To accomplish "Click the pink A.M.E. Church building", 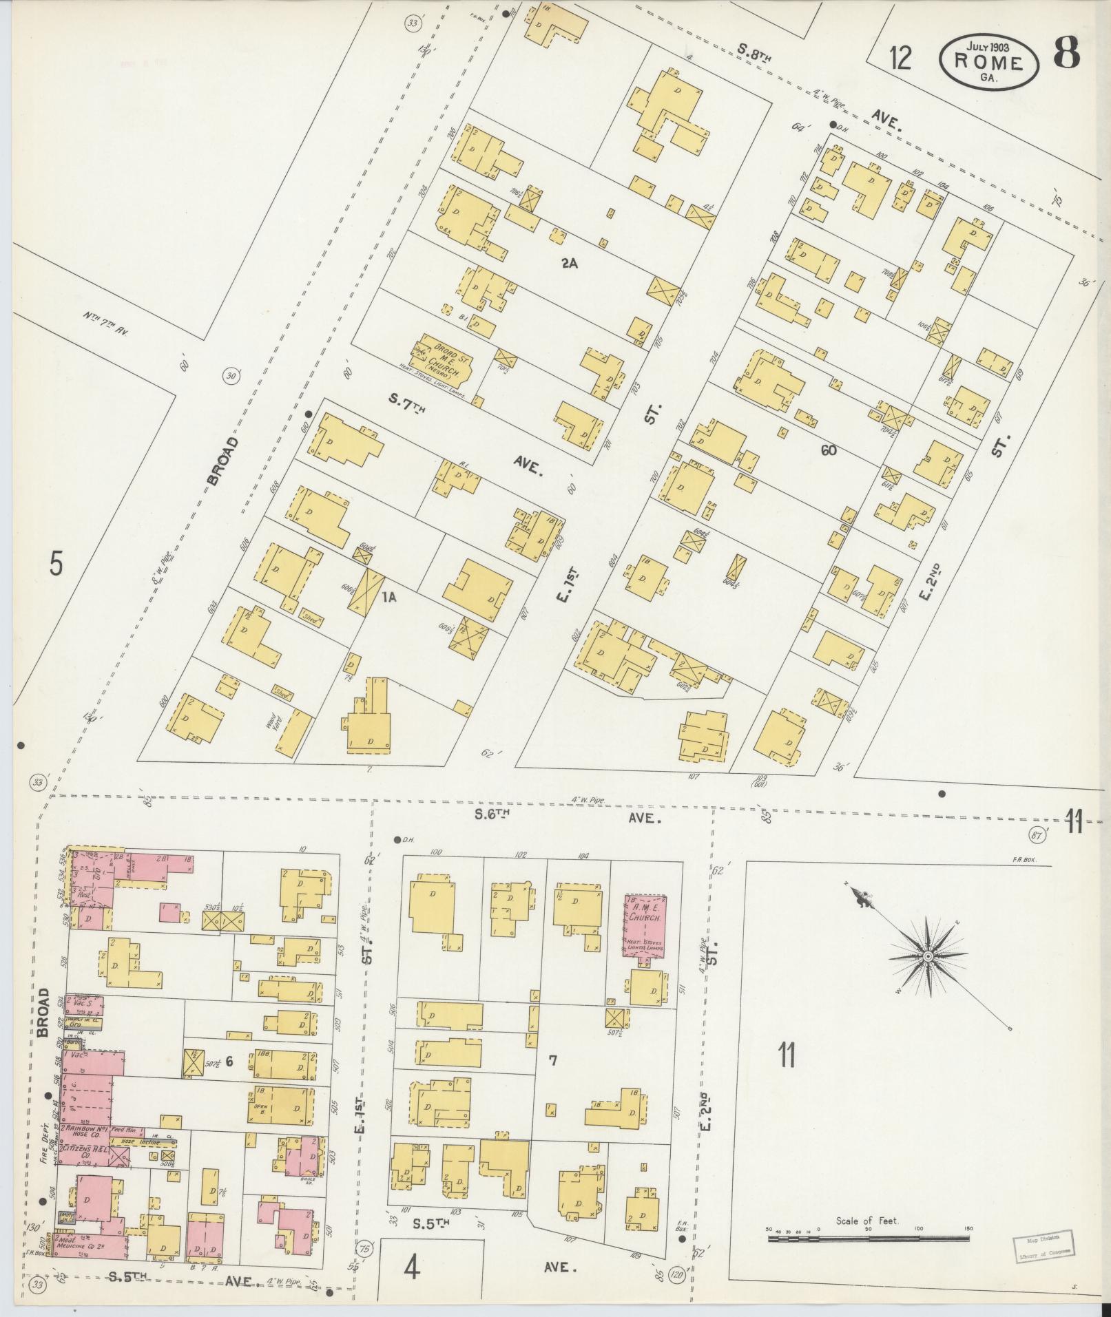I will (645, 926).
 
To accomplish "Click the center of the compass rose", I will (928, 957).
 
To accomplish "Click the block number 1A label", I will (388, 598).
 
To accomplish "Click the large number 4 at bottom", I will (411, 1268).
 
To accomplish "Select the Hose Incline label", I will (136, 1142).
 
